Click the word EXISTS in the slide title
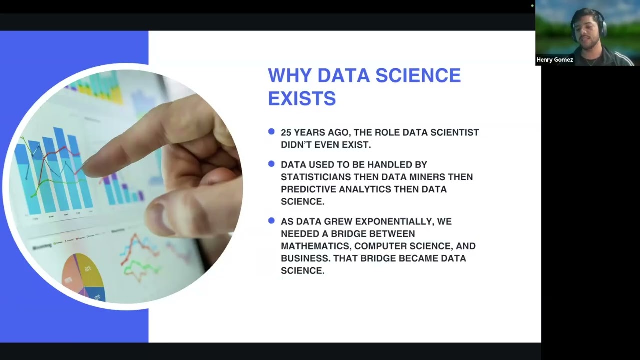[x=302, y=98]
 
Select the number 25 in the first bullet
[x=286, y=132]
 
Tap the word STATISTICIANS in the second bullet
[x=315, y=177]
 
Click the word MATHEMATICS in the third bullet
[x=315, y=246]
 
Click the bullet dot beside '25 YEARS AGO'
[x=271, y=132]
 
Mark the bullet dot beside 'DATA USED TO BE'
[x=271, y=164]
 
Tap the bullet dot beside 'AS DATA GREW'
[x=271, y=221]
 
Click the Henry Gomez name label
[x=555, y=60]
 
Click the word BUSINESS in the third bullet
[x=305, y=258]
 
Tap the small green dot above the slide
[x=532, y=6]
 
